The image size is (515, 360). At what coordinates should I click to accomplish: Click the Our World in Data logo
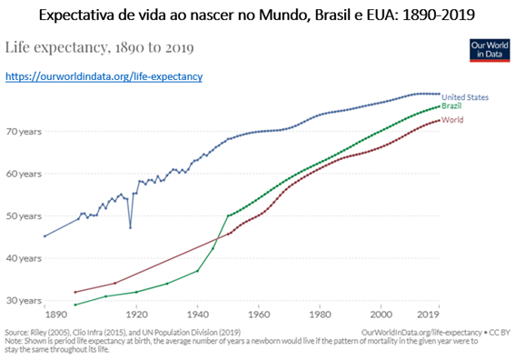(490, 50)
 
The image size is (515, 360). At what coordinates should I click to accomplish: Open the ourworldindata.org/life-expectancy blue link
(104, 76)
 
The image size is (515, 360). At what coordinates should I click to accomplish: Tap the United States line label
(465, 97)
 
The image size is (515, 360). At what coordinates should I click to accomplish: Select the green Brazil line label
(451, 105)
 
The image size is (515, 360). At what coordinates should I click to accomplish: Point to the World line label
(452, 120)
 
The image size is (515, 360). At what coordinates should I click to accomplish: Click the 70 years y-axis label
(24, 132)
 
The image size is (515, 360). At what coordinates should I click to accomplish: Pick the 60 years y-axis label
(24, 174)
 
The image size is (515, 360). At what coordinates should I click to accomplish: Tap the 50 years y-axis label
(24, 216)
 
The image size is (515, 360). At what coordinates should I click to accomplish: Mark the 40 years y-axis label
(24, 258)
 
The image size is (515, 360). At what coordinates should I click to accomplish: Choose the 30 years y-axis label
(24, 301)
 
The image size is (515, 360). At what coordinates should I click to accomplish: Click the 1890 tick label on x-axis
(56, 315)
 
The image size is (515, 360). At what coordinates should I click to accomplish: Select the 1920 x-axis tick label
(136, 315)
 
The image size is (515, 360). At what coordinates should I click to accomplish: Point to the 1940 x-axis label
(198, 315)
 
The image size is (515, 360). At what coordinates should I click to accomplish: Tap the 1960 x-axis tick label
(259, 315)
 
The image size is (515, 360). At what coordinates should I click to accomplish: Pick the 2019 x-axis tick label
(429, 315)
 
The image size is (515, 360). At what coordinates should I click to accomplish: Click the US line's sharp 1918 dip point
(131, 228)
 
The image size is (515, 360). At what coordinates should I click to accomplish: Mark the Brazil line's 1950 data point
(228, 215)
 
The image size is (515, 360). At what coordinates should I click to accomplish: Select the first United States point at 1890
(45, 236)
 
